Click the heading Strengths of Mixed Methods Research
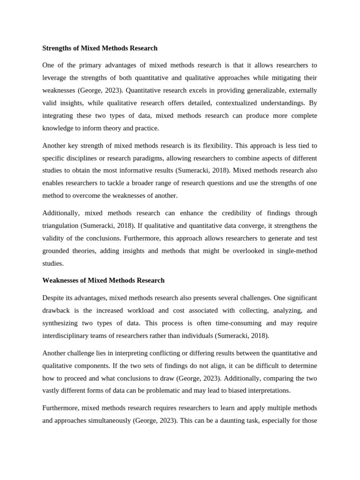[x=100, y=48]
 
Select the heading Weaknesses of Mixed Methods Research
[x=103, y=280]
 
